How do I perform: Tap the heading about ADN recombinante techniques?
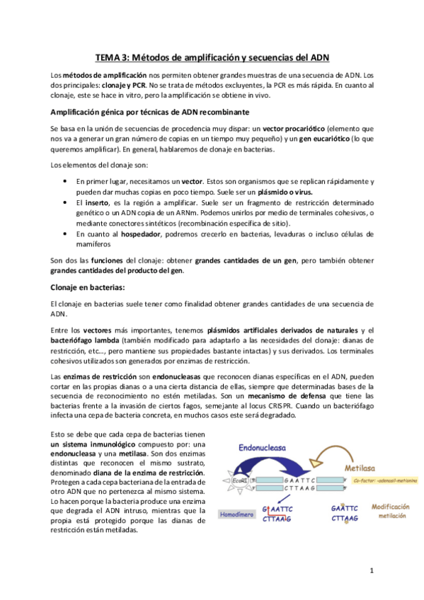pyautogui.click(x=150, y=112)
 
